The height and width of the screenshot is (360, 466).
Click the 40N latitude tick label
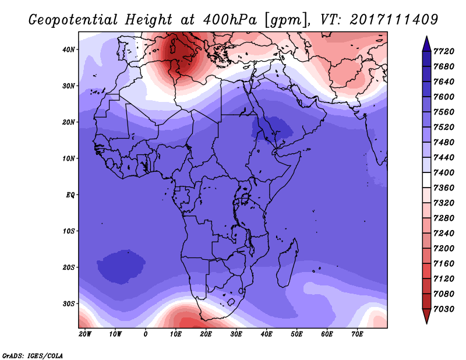[x=69, y=50]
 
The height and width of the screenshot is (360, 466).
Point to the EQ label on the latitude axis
[x=70, y=195]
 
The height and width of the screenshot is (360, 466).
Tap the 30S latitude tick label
[x=69, y=304]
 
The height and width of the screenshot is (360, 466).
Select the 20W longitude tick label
[x=85, y=334]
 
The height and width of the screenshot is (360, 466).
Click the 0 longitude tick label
[x=145, y=334]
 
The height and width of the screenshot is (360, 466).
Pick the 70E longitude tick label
[x=357, y=334]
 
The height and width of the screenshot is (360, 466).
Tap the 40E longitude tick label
[x=266, y=334]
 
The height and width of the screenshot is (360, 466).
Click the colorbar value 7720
[x=444, y=51]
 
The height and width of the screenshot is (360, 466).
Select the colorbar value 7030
[x=444, y=309]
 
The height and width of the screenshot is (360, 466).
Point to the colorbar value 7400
[x=444, y=172]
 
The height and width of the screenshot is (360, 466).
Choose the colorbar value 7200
[x=444, y=249]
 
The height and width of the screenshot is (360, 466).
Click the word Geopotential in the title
[x=73, y=20]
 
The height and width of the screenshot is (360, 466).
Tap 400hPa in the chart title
[x=230, y=20]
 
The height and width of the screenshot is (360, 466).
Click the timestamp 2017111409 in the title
[x=394, y=20]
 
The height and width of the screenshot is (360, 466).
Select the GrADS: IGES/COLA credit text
[x=33, y=356]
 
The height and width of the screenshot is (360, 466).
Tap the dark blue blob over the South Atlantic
[x=121, y=266]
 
